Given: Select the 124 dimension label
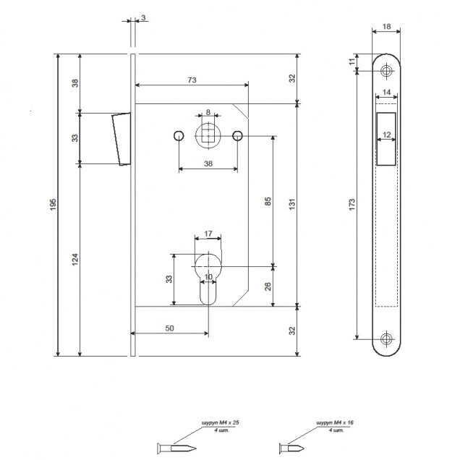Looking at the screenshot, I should [x=74, y=258].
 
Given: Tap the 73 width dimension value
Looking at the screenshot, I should [x=192, y=80].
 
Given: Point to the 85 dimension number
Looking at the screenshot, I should [x=268, y=202].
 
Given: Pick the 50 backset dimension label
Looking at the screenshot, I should [x=169, y=328].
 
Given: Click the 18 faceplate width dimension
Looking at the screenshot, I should [x=387, y=27].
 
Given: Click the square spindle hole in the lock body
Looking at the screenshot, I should [x=208, y=134].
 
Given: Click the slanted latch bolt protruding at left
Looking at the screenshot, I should [x=119, y=138].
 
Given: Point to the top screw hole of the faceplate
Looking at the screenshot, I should [x=387, y=70].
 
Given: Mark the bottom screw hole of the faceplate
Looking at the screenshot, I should [x=387, y=338].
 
